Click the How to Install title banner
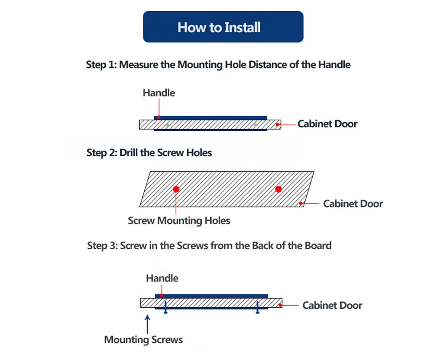223,27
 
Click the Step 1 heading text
218,65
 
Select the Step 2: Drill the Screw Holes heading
149,153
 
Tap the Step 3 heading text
209,246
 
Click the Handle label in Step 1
159,93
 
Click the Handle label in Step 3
162,278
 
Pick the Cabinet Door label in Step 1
327,124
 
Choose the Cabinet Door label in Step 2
353,203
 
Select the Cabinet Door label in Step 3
332,306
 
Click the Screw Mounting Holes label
179,221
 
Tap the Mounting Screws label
143,340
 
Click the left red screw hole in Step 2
176,189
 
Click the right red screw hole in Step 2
278,189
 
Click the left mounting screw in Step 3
165,307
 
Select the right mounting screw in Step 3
257,307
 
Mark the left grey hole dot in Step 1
167,125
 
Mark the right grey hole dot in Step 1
255,125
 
